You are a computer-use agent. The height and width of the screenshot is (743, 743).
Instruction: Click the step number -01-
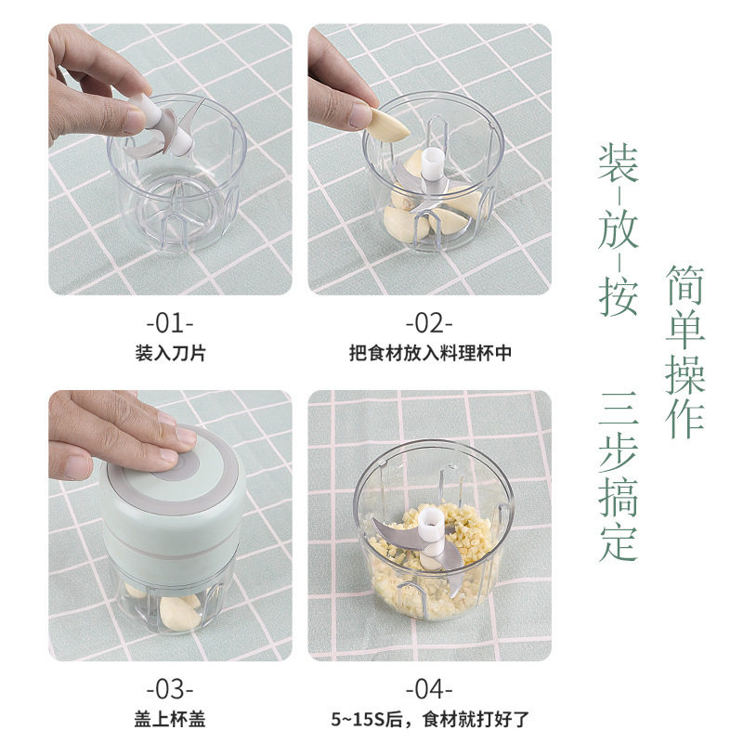170,324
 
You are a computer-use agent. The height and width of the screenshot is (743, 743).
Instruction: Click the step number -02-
429,324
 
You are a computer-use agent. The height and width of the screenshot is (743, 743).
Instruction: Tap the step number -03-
170,689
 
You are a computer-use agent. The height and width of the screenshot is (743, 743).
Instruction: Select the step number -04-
429,689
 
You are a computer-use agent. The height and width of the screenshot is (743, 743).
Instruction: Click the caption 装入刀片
170,353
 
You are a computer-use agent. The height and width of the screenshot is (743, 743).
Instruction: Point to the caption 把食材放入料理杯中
429,353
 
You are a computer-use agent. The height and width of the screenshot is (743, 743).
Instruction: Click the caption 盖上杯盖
170,718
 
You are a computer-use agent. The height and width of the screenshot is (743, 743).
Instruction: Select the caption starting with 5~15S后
429,718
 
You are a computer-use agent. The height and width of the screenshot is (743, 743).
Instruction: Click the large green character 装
618,164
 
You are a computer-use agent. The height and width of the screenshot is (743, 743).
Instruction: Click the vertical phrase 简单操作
685,351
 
